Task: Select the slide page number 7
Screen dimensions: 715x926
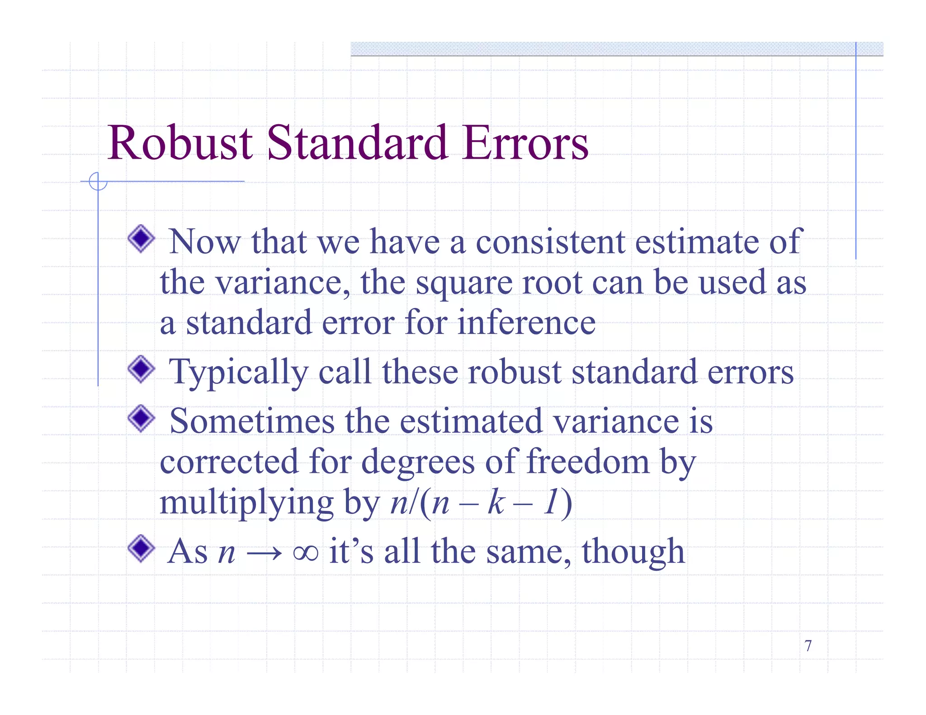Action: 808,646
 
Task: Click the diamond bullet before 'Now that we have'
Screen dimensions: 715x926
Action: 142,239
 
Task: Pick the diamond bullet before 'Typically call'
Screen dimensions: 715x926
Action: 142,369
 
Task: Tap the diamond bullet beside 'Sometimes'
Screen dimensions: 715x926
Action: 142,418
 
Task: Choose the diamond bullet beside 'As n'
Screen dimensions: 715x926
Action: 142,549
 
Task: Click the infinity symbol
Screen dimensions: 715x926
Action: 306,552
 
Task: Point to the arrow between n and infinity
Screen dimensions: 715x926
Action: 265,553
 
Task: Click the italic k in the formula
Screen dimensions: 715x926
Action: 496,503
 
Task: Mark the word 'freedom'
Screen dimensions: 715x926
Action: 588,461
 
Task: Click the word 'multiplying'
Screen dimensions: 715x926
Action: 246,503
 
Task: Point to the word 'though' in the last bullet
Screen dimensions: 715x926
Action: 633,552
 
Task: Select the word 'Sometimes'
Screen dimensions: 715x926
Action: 252,421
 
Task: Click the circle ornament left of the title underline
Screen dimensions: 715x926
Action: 98,182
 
